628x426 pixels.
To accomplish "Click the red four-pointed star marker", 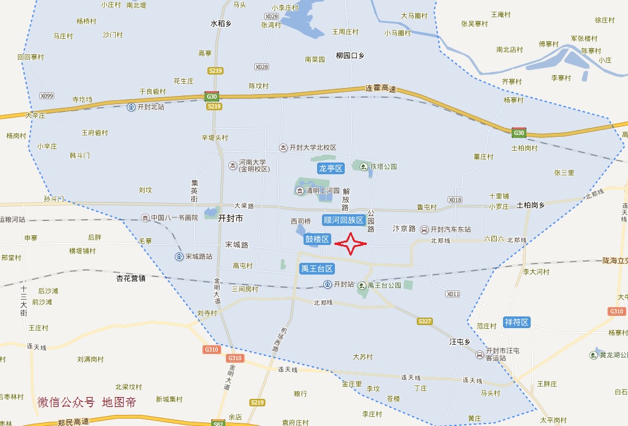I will pyautogui.click(x=351, y=244).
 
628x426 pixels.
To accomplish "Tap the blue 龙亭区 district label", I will pyautogui.click(x=330, y=168).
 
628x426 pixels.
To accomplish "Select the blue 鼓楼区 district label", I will pyautogui.click(x=318, y=239).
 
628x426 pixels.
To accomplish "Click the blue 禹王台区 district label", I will pyautogui.click(x=317, y=269).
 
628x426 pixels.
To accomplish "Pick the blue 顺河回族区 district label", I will pyautogui.click(x=344, y=220).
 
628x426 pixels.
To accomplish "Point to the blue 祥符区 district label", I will pyautogui.click(x=517, y=322).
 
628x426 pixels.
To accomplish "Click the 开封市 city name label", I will pyautogui.click(x=231, y=219).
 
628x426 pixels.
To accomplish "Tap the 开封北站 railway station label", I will pyautogui.click(x=150, y=107).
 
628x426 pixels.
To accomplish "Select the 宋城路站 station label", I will pyautogui.click(x=198, y=257).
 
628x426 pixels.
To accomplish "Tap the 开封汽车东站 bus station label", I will pyautogui.click(x=450, y=230).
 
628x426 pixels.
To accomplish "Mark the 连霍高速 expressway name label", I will pyautogui.click(x=380, y=89).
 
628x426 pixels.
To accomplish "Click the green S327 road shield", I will pyautogui.click(x=424, y=321).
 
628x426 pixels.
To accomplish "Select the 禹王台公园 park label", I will pyautogui.click(x=384, y=286).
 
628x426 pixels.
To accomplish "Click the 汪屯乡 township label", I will pyautogui.click(x=459, y=342).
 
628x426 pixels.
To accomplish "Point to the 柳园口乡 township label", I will pyautogui.click(x=350, y=55).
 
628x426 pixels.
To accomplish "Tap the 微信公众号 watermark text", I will pyautogui.click(x=66, y=402).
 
